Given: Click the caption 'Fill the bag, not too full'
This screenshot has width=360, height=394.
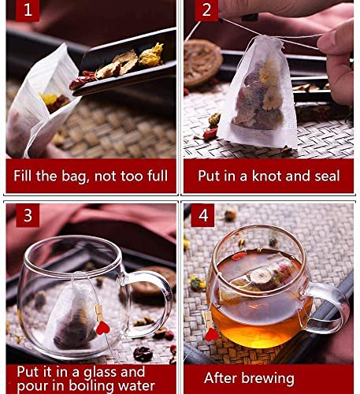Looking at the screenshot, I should click(x=91, y=175).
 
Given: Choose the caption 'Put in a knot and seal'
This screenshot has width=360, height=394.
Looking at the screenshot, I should click(x=269, y=175).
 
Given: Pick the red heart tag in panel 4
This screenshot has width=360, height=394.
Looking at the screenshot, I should click(x=211, y=333).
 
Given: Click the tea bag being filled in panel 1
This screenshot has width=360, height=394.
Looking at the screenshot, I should click(x=35, y=106).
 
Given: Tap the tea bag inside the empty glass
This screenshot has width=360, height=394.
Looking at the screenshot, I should click(x=75, y=319).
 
